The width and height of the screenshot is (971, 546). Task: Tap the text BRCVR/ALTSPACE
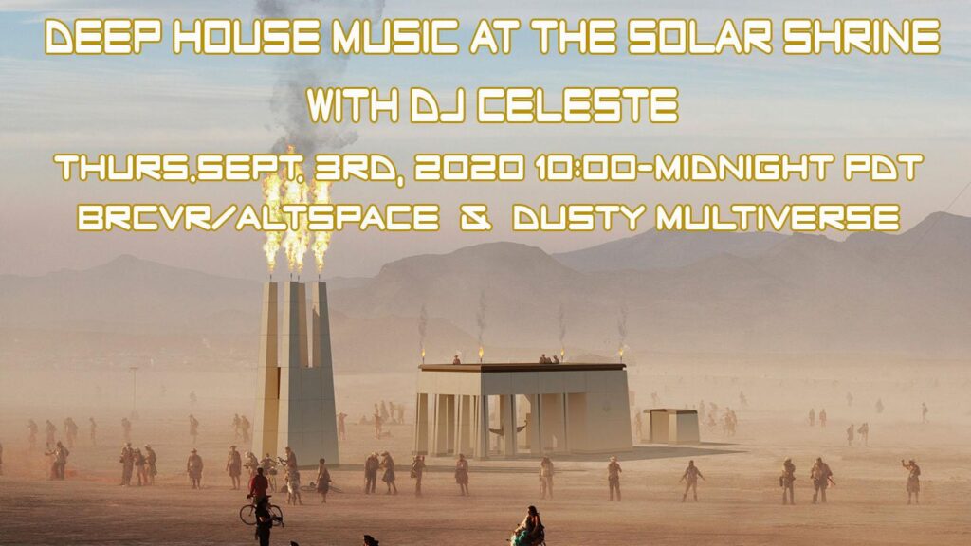(x=258, y=218)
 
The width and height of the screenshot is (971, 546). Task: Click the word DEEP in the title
(x=104, y=37)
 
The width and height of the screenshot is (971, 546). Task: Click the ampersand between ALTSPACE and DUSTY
(x=476, y=219)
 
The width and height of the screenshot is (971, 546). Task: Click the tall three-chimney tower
(x=296, y=372)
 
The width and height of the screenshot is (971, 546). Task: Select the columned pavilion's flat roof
(x=522, y=367)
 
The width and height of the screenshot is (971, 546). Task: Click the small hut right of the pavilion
(x=671, y=426)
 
